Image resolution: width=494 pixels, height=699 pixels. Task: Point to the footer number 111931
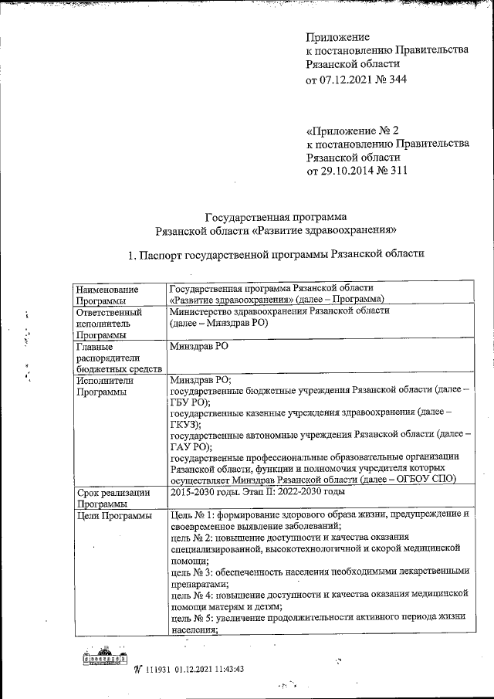[157, 669]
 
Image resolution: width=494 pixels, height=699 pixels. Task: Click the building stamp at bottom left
[103, 659]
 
